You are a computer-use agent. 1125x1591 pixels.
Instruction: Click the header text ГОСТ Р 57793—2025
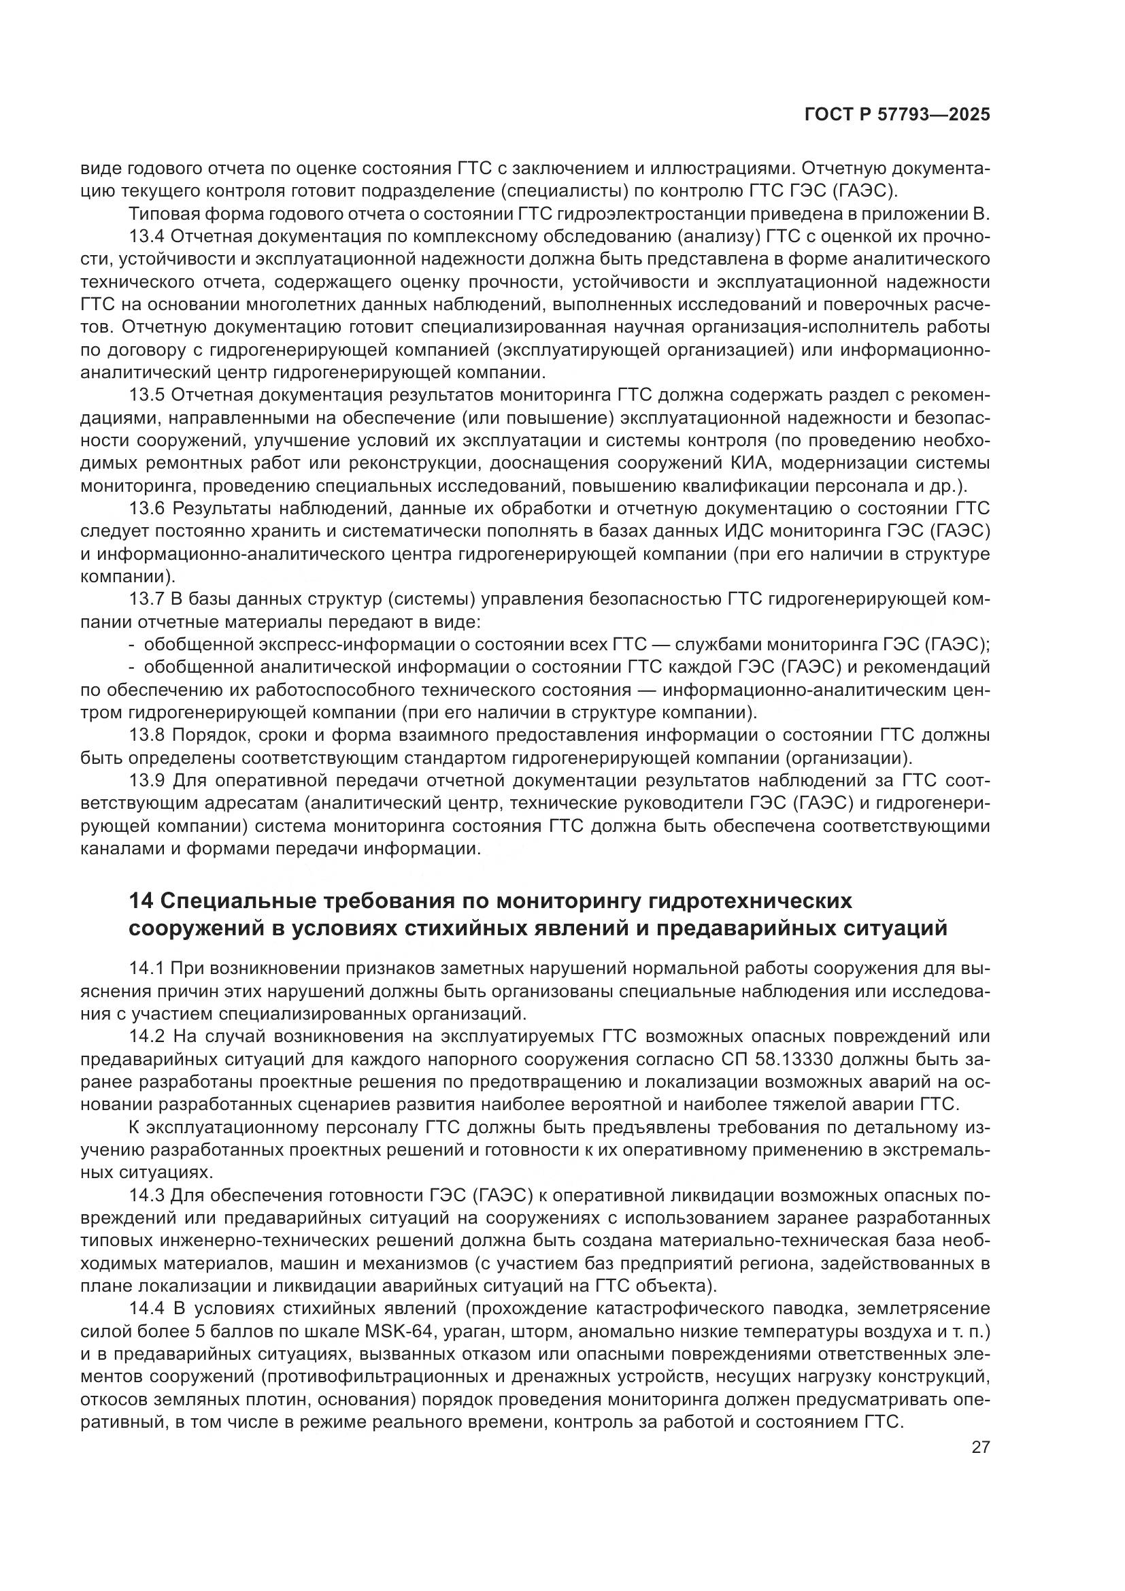pyautogui.click(x=897, y=115)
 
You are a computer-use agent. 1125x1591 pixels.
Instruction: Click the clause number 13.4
pyautogui.click(x=146, y=237)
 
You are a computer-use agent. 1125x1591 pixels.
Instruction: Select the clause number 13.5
pyautogui.click(x=146, y=396)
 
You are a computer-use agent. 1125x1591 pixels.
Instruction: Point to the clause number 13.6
pyautogui.click(x=146, y=509)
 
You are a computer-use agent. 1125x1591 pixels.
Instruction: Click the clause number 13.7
pyautogui.click(x=146, y=599)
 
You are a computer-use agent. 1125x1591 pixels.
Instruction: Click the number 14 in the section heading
pyautogui.click(x=141, y=901)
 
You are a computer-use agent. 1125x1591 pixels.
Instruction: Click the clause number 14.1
pyautogui.click(x=146, y=969)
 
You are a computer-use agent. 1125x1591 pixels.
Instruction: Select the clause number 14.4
pyautogui.click(x=146, y=1309)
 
